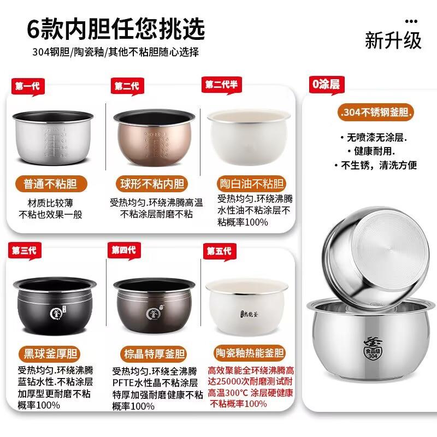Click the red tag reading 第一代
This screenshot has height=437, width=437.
pyautogui.click(x=26, y=86)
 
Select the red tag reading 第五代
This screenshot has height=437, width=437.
pyautogui.click(x=218, y=251)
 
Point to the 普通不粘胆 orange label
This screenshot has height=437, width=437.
pyautogui.click(x=50, y=184)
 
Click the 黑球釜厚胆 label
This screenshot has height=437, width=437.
pyautogui.click(x=50, y=350)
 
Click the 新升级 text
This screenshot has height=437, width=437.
pyautogui.click(x=393, y=42)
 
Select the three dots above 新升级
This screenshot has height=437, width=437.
pyautogui.click(x=415, y=21)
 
